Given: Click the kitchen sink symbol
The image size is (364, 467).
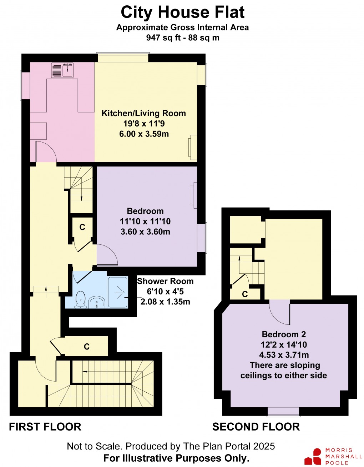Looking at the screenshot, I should coord(62,70).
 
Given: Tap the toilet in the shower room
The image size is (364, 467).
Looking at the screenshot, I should coord(81,299).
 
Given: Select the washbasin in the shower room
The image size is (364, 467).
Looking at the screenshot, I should coord(96,302).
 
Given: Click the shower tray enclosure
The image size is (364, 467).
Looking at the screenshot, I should coord(117,292).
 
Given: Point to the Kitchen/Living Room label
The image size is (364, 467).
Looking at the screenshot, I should coord(144,113).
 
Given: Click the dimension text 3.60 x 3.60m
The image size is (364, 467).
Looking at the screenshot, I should coord(145,232).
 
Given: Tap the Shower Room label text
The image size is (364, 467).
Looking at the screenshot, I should coord(165,281).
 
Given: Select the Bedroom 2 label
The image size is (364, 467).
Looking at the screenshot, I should coord(284,334).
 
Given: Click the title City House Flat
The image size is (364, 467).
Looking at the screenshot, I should coord(182,12).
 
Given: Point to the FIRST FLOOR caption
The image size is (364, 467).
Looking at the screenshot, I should coord(45,427).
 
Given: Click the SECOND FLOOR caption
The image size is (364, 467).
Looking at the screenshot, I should coord(256,427).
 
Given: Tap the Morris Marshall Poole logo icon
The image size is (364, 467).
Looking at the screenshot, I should coord(312,456).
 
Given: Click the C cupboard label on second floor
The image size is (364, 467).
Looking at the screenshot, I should coord(245,294).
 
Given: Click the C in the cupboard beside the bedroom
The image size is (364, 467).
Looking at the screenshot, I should coord(82,227).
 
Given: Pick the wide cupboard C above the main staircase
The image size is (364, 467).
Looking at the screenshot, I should coord(87,347).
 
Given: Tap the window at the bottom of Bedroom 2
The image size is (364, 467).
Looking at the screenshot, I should coord(283,412).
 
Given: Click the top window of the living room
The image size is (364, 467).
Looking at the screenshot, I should coord(123,57).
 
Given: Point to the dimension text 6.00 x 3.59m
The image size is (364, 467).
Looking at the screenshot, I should coord(144,134).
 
